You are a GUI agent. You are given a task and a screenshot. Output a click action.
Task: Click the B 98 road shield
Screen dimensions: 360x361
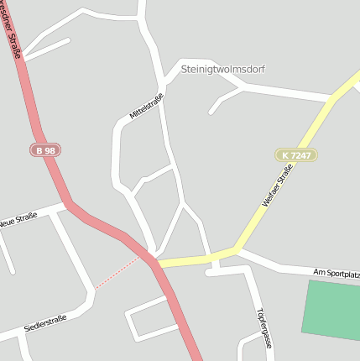coord(45,149)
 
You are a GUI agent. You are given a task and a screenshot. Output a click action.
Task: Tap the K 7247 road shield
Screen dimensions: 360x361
coord(295,155)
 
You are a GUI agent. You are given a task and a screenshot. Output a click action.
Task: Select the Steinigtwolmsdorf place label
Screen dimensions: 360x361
coord(222,69)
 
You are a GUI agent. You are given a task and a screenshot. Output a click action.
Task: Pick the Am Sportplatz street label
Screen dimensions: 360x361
coord(336,273)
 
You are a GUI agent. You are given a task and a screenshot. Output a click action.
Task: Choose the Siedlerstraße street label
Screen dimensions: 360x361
coord(45,322)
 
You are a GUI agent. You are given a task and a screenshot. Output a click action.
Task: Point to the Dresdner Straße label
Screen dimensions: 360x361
coord(12,34)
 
